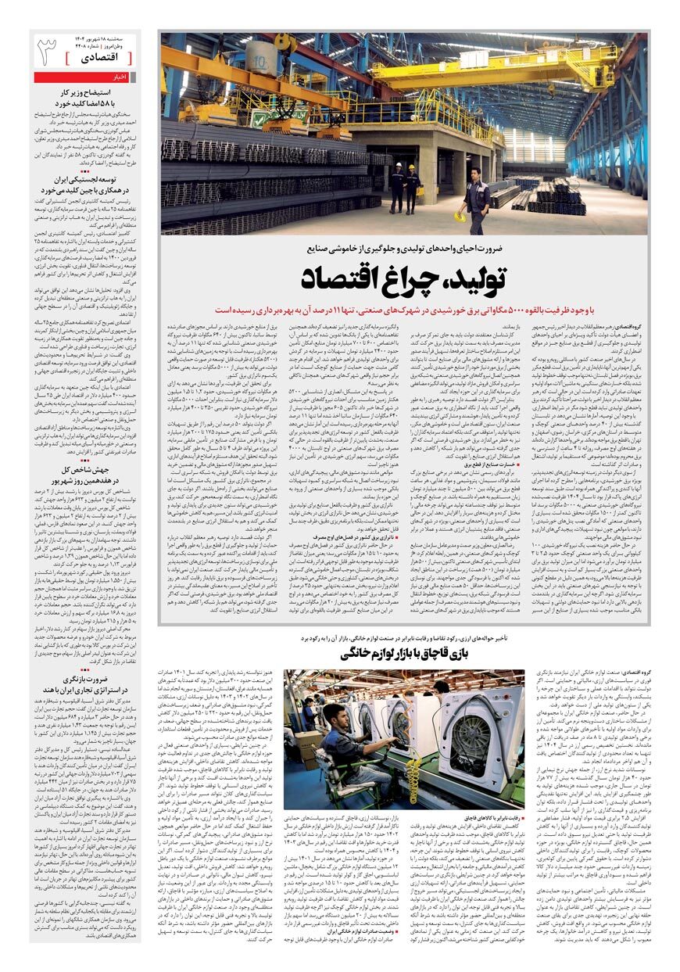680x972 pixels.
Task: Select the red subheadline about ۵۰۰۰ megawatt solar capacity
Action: (403, 310)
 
